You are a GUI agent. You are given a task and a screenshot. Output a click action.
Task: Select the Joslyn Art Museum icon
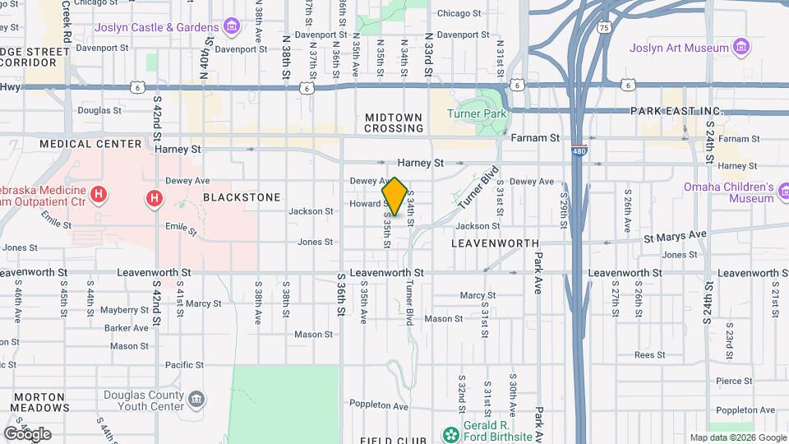pyautogui.click(x=742, y=47)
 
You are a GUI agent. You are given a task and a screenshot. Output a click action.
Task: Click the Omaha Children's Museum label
pyautogui.click(x=728, y=192)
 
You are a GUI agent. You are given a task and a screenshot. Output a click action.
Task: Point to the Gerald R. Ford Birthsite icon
pyautogui.click(x=450, y=434)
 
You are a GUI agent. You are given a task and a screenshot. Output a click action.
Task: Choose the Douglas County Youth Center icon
pyautogui.click(x=196, y=400)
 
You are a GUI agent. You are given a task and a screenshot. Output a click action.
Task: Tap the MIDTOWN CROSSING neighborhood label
pyautogui.click(x=394, y=123)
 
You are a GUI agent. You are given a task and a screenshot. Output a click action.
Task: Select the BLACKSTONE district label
pyautogui.click(x=242, y=197)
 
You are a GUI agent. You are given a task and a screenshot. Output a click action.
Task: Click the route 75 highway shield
pyautogui.click(x=605, y=28)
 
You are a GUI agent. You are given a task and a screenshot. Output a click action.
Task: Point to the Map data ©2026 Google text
pyautogui.click(x=738, y=437)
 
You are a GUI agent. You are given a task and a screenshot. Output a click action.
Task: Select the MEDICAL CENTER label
pyautogui.click(x=91, y=144)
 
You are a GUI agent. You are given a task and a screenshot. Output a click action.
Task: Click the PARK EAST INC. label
pyautogui.click(x=675, y=111)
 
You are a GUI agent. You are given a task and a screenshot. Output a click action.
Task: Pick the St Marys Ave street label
pyautogui.click(x=675, y=234)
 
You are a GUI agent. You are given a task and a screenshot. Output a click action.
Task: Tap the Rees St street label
pyautogui.click(x=649, y=355)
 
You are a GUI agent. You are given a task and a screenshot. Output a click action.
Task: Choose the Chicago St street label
pyautogui.click(x=459, y=13)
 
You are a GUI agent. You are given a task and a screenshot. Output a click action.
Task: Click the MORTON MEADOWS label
pyautogui.click(x=40, y=401)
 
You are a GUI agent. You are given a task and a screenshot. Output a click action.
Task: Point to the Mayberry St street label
pyautogui.click(x=124, y=310)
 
